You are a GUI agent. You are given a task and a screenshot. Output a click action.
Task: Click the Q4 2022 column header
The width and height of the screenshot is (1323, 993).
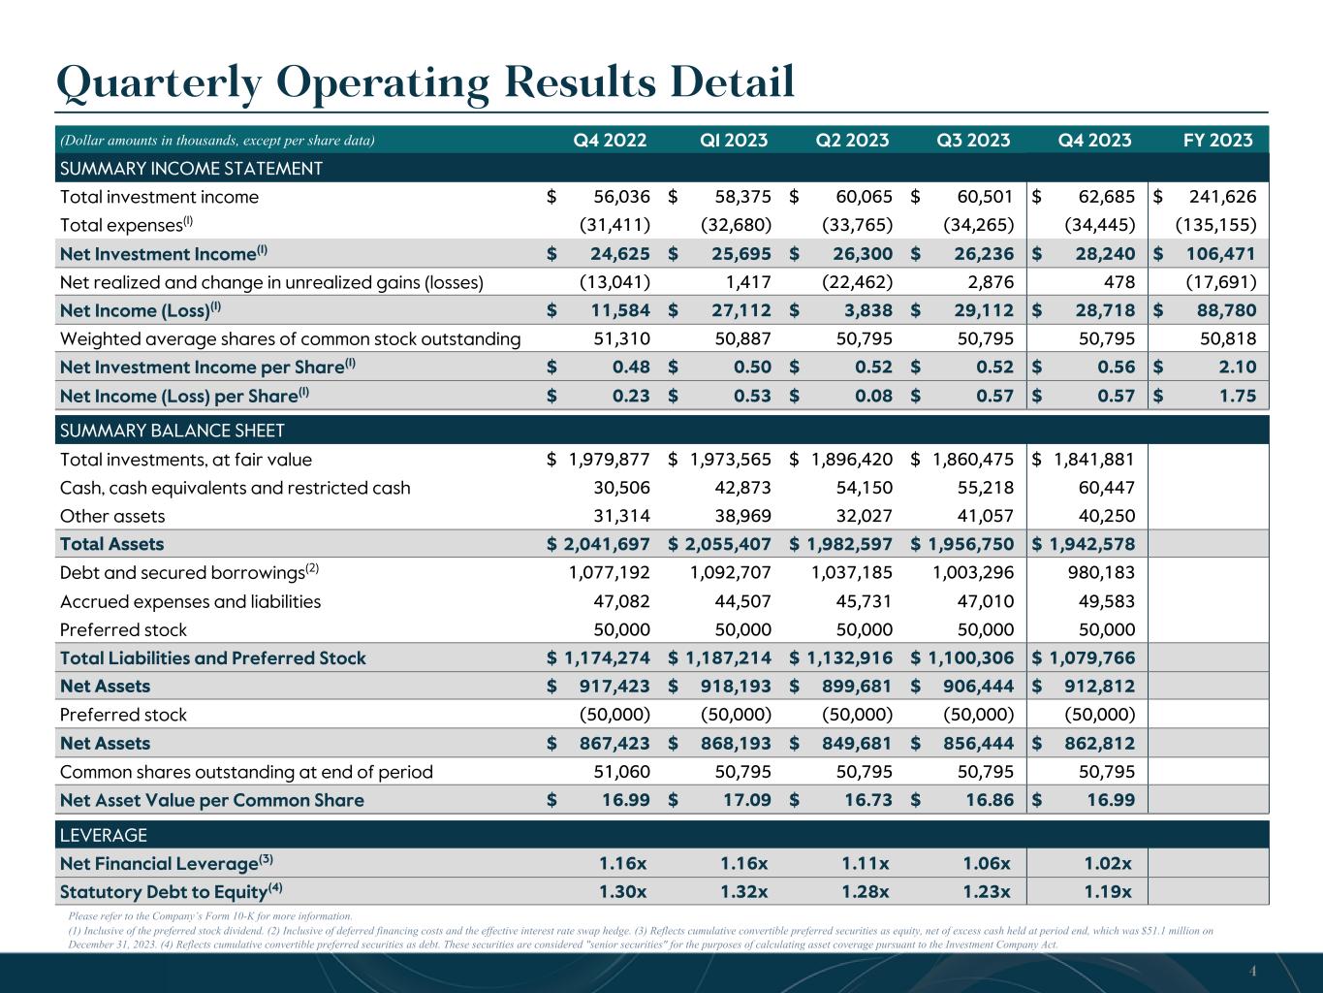[611, 140]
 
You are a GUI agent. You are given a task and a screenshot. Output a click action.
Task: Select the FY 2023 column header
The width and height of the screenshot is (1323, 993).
[1218, 140]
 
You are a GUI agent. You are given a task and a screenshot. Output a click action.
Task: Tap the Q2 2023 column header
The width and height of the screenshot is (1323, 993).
[853, 140]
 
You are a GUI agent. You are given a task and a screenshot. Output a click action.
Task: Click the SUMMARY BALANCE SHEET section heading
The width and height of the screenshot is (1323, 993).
[173, 431]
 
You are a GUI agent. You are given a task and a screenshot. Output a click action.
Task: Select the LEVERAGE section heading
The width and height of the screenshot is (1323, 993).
[104, 835]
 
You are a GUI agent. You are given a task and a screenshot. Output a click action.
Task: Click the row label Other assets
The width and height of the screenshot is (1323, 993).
[112, 516]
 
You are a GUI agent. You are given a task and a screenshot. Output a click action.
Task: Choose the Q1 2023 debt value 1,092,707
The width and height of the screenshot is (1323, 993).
[730, 572]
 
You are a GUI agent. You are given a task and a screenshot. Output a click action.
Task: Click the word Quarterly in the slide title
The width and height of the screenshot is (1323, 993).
[160, 82]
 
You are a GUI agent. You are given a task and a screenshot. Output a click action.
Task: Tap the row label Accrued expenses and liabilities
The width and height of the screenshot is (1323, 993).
[190, 601]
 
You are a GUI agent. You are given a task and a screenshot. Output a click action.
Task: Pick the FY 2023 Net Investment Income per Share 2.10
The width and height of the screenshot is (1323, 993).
[1235, 368]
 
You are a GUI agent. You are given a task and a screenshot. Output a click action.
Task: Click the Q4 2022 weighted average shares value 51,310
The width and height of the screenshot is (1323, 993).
[621, 338]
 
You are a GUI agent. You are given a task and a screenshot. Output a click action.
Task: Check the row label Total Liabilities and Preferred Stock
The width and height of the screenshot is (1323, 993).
[213, 657]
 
